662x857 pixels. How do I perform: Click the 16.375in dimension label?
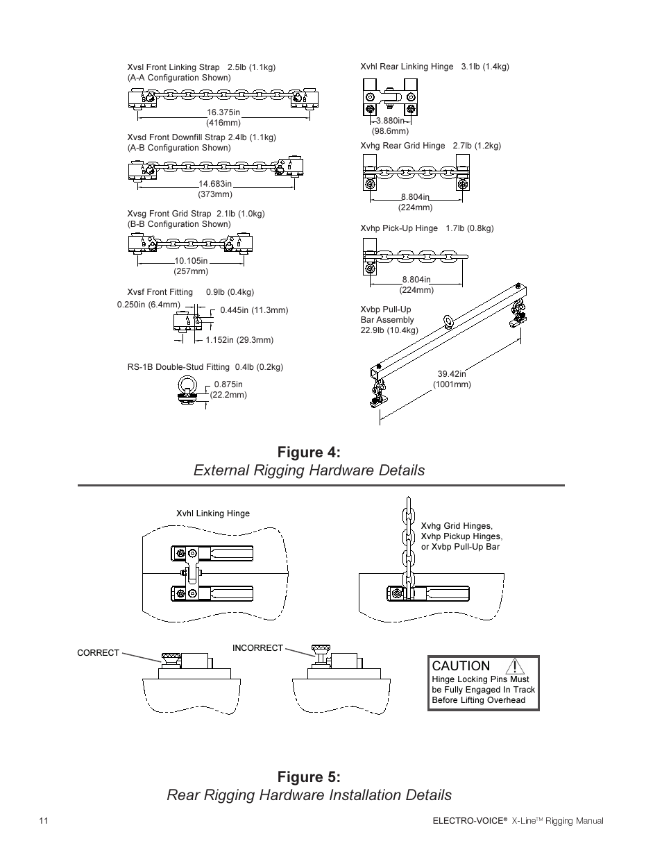click(223, 112)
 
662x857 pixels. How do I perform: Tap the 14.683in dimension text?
click(214, 184)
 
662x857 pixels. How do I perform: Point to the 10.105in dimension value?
click(191, 261)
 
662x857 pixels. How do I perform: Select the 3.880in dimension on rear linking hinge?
click(390, 121)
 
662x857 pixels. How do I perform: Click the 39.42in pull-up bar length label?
click(452, 374)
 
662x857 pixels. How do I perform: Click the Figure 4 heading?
click(309, 452)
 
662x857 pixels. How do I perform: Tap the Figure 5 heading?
click(309, 776)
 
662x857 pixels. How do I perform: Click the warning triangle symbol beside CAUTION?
click(514, 666)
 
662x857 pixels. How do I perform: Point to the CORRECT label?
click(98, 653)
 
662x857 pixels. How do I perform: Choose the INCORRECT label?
click(257, 648)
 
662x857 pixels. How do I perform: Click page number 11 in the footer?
click(44, 821)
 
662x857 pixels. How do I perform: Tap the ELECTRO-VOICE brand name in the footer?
click(467, 821)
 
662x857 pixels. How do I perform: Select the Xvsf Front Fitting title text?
click(160, 292)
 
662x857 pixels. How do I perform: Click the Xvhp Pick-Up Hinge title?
click(399, 228)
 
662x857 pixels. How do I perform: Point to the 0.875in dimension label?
click(228, 384)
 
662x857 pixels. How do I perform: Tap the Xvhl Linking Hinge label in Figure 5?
click(212, 514)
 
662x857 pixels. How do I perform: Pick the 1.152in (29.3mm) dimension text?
click(239, 340)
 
